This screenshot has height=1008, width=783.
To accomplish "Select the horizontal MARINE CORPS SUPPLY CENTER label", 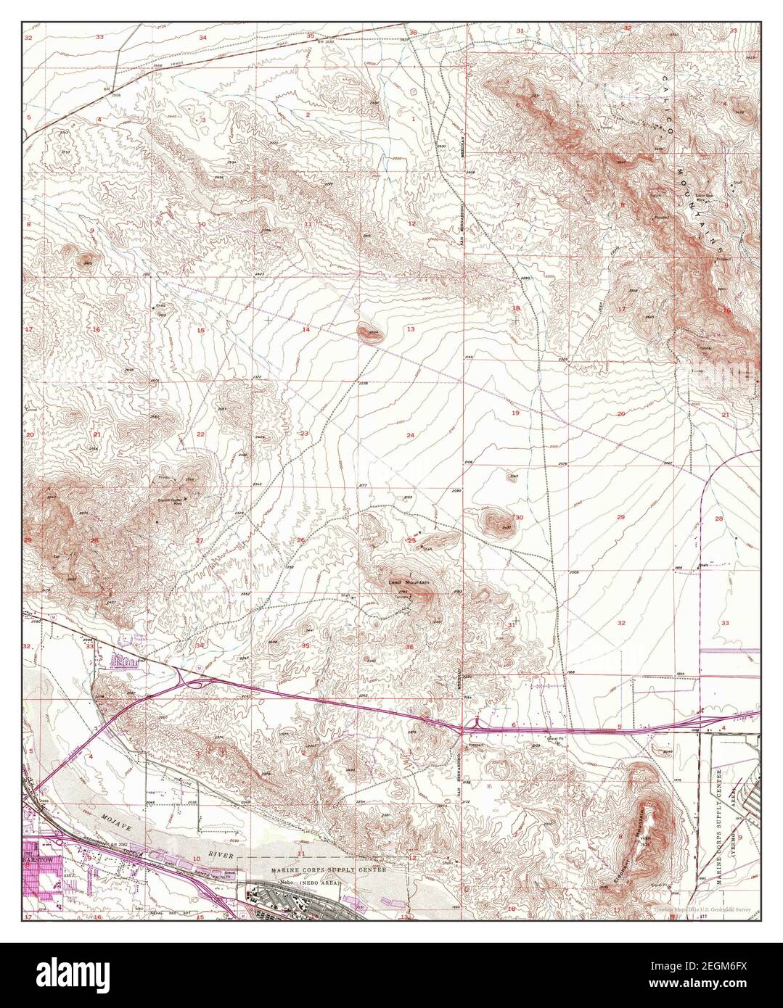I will [329, 869].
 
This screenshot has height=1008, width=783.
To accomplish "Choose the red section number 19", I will [516, 413].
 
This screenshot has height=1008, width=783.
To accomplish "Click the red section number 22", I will [200, 434].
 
